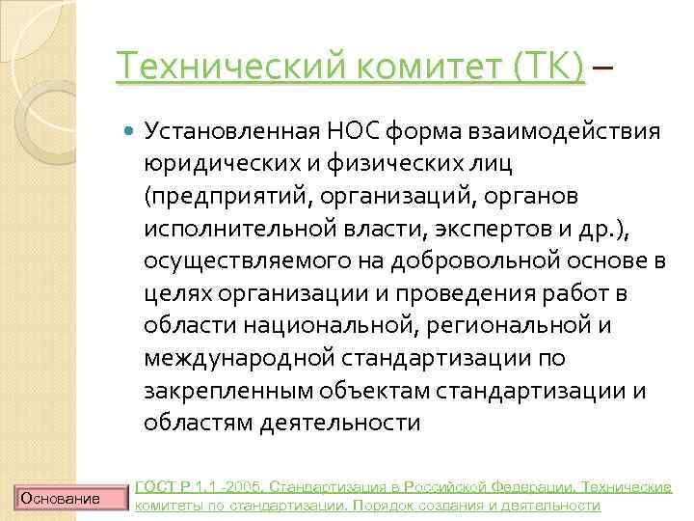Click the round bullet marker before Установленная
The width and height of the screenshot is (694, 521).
pyautogui.click(x=129, y=129)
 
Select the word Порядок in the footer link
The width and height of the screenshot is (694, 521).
pyautogui.click(x=395, y=505)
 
